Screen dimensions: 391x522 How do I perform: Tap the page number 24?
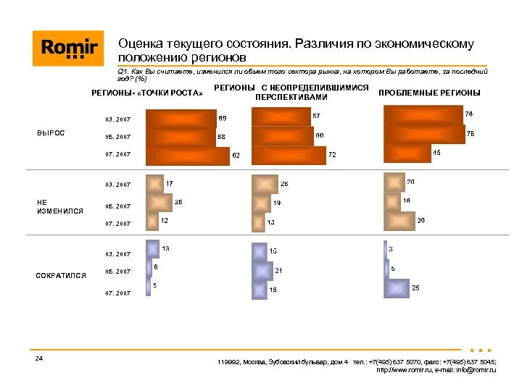38,359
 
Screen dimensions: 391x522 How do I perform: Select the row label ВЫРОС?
51,133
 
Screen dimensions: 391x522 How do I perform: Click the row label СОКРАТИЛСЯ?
62,275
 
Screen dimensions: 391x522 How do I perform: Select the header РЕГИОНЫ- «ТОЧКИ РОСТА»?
146,93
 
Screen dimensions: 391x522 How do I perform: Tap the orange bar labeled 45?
406,153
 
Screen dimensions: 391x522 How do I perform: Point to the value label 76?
469,114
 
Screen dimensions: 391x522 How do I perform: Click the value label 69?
223,118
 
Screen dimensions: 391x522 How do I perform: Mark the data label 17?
169,184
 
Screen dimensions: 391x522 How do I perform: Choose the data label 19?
277,203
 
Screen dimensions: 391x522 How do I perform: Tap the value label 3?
391,249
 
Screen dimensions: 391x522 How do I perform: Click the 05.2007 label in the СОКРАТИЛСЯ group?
117,272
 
